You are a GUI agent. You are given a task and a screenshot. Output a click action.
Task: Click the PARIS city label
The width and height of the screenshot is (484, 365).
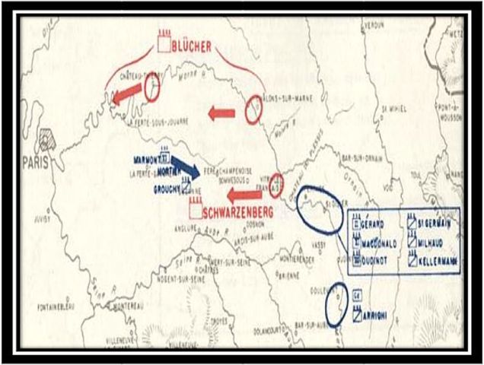click(35, 161)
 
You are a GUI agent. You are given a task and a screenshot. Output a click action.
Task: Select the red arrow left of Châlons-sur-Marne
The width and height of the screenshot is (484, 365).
click(221, 113)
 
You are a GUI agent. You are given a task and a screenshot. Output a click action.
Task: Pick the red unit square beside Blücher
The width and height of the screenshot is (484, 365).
click(163, 43)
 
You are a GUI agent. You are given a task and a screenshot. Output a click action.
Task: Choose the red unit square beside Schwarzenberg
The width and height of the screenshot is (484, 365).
click(196, 208)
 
